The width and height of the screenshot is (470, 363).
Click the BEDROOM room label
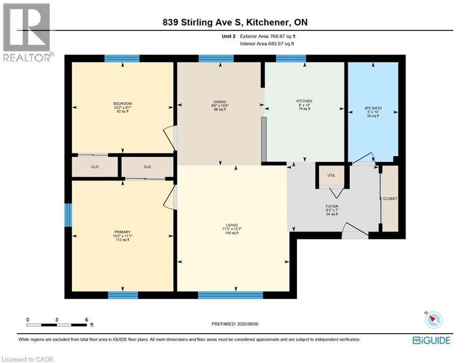point(122,104)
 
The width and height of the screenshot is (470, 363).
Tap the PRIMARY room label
point(122,232)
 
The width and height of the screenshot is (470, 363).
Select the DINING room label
point(220,102)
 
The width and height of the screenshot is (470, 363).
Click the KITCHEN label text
point(304,101)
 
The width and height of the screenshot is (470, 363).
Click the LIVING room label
point(231,225)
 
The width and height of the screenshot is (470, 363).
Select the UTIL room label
point(331,175)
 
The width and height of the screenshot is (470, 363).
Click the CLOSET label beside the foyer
point(390,199)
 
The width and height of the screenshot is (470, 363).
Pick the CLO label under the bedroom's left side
point(95,167)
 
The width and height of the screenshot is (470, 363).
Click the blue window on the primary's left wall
point(68,215)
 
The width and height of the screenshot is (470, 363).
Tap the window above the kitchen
point(291,59)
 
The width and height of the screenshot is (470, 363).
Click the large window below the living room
point(230,295)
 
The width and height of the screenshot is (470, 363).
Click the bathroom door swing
point(362,158)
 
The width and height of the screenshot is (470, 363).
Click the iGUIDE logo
point(431,340)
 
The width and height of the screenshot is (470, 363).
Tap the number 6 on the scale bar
point(86,320)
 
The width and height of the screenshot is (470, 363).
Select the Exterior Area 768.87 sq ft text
point(268,36)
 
